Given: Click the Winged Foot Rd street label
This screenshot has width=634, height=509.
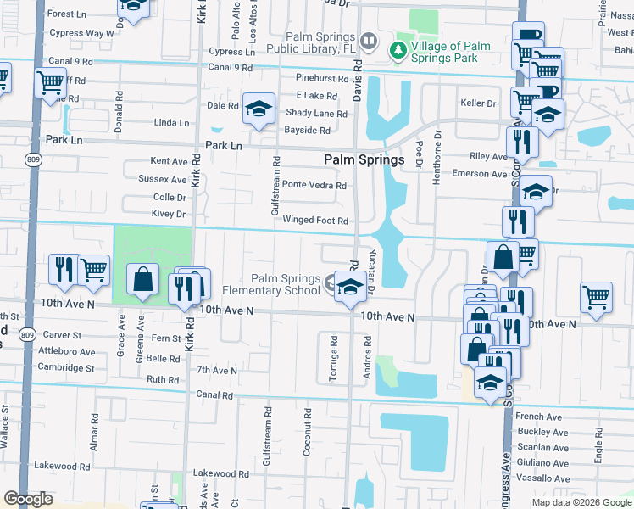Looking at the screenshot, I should click(315, 221).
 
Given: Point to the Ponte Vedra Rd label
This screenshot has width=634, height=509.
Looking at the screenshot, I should click(314, 185).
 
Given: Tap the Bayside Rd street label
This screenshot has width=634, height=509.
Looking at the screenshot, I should click(308, 131).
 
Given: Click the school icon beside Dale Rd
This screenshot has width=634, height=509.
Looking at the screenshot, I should click(259, 109).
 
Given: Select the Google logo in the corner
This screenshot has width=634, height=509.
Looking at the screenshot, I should click(28, 499).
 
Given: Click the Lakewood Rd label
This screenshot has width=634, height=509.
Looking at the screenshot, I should click(214, 473).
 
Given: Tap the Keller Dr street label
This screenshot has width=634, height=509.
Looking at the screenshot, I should click(477, 103).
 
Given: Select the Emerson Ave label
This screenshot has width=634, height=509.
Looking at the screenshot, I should click(481, 174).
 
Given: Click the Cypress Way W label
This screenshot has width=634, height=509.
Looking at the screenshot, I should click(81, 33).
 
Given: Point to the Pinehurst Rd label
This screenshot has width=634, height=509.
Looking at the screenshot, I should click(322, 78).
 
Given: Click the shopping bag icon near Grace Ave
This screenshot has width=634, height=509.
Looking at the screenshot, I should click(143, 279).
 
